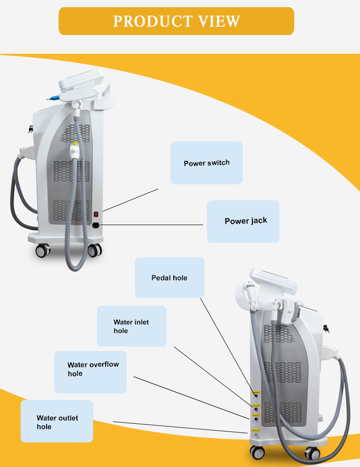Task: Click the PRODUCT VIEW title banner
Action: pos(176,21)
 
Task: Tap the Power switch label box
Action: pos(206,163)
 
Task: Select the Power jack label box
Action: pos(243,221)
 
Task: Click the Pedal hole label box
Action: pos(169,277)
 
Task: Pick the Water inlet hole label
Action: pos(132,326)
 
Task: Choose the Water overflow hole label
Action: pos(90,369)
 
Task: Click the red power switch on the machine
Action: pos(96,214)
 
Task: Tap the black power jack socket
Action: pos(97,224)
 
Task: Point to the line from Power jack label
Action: pos(154,225)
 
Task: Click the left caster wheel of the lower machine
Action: pos(257,452)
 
